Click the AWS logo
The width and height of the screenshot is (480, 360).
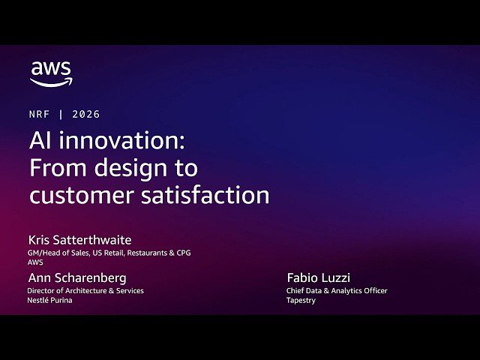point(51,73)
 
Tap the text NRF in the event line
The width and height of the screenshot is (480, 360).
point(40,115)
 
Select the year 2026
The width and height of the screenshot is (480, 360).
point(86,115)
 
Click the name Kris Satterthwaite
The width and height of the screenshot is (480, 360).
point(79,240)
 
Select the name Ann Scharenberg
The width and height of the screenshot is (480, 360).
point(76,278)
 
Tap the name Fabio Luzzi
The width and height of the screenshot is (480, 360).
point(318,278)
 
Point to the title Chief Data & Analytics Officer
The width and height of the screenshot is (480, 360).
point(337,290)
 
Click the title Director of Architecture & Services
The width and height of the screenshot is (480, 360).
point(85,290)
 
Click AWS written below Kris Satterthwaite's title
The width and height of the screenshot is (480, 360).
point(36,262)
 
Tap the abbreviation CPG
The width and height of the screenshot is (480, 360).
point(182,253)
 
